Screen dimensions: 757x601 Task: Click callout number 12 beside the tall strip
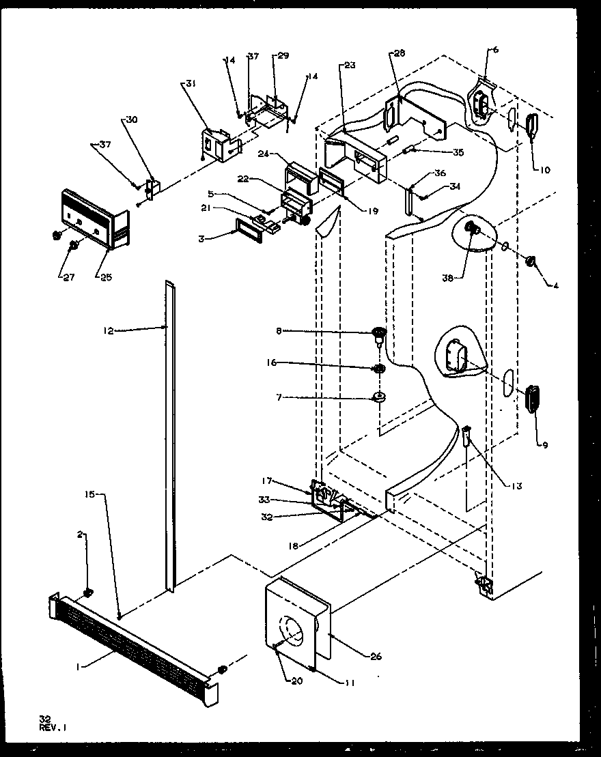point(109,330)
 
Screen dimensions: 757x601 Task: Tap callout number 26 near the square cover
point(376,657)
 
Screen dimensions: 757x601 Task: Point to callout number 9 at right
point(544,445)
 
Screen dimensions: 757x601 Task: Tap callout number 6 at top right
point(495,50)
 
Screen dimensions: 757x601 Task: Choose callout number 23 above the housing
point(350,66)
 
